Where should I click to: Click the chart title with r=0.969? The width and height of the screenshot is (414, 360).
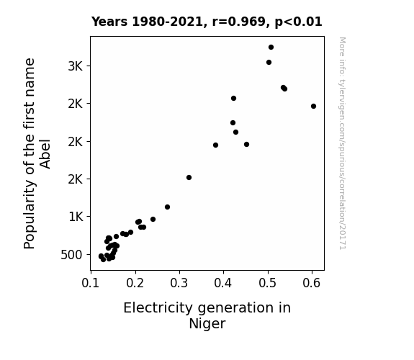click(207, 22)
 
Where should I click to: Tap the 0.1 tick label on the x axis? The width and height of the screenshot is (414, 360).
click(91, 283)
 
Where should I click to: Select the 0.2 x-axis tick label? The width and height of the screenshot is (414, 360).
click(135, 283)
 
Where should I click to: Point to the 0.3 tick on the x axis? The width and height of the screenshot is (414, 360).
click(179, 283)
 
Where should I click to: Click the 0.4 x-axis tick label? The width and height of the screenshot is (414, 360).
click(223, 283)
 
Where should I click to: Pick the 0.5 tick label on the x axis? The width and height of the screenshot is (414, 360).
click(267, 283)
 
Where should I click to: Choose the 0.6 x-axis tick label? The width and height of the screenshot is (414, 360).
click(312, 283)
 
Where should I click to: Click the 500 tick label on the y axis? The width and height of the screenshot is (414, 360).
click(71, 255)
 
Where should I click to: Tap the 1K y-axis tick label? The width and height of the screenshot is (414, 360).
click(76, 217)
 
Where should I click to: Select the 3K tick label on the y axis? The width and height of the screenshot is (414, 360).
click(76, 66)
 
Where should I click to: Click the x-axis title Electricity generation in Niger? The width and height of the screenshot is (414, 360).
click(207, 315)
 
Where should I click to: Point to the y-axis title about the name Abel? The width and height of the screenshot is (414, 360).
click(37, 153)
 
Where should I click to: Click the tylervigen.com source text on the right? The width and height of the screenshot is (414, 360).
click(343, 143)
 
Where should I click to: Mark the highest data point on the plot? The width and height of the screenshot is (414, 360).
click(271, 48)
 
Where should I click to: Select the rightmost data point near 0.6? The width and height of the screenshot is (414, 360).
click(313, 106)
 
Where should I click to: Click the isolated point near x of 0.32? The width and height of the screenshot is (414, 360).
click(189, 178)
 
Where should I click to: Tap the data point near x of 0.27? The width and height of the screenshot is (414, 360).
click(167, 207)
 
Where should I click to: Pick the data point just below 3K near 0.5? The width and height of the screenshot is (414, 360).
click(269, 63)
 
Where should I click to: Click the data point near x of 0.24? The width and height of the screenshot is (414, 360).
click(153, 219)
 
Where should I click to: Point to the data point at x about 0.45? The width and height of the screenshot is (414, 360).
click(247, 145)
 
